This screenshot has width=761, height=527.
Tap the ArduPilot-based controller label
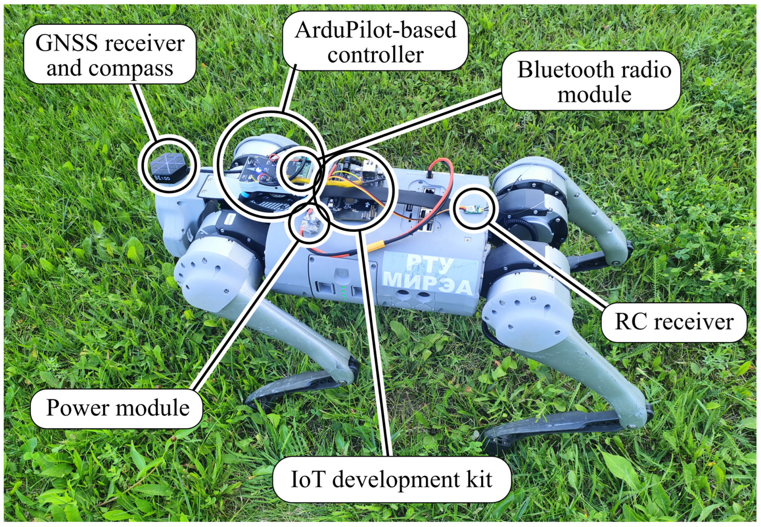pyautogui.click(x=375, y=41)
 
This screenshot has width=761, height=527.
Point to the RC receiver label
pyautogui.click(x=674, y=322)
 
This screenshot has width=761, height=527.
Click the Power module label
pyautogui.click(x=117, y=408)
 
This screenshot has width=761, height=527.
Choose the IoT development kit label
pyautogui.click(x=391, y=479)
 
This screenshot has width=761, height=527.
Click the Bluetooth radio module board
pyautogui.click(x=299, y=169)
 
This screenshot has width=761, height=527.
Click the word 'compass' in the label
pyautogui.click(x=131, y=69)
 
